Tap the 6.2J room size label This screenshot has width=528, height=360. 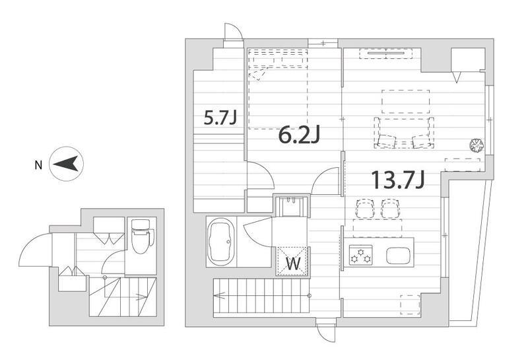(299, 135)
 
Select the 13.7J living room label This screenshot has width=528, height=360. (398, 180)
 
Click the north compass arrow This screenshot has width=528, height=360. (66, 164)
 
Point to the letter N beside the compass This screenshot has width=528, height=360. (39, 165)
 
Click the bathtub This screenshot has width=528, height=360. (221, 241)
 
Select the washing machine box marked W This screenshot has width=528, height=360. (292, 261)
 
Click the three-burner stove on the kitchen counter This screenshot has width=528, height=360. (360, 255)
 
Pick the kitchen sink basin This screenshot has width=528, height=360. (398, 256)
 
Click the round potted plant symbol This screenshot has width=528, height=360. (477, 145)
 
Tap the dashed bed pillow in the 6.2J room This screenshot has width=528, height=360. (257, 73)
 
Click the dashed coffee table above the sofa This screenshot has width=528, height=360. (406, 102)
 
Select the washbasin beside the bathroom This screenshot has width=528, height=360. (292, 206)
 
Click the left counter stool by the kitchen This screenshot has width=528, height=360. (365, 208)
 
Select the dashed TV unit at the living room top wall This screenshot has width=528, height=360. (386, 54)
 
